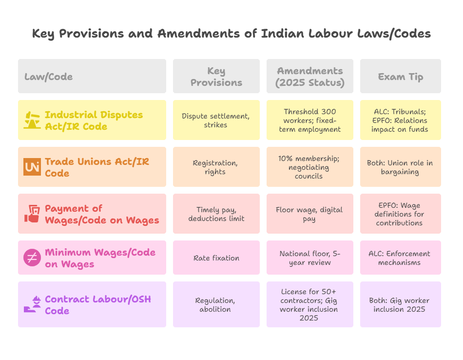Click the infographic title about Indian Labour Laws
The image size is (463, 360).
[x=231, y=34]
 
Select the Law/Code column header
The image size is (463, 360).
[x=49, y=77]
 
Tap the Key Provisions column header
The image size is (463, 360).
[x=216, y=77]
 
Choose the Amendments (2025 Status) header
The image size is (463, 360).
[x=309, y=77]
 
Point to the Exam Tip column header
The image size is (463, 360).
[x=400, y=77]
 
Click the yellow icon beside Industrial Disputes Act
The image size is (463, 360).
[x=32, y=120]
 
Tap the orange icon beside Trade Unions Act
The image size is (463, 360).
[x=32, y=167]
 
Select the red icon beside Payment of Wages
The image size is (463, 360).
[x=32, y=214]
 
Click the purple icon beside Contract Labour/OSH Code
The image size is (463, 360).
[x=32, y=304]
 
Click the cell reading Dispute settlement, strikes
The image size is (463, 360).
[x=216, y=120]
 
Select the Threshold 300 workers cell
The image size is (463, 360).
[x=309, y=120]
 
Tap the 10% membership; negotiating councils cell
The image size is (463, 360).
[x=309, y=167]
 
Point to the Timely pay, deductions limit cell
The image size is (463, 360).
[x=216, y=214]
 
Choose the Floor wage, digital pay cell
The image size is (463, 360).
[x=309, y=214]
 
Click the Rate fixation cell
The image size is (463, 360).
[x=216, y=258]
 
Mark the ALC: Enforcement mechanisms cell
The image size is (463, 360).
[x=400, y=258]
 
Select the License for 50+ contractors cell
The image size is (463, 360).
[x=309, y=304]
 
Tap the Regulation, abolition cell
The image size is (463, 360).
[x=216, y=304]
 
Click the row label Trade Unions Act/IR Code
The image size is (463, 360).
[x=97, y=167]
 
